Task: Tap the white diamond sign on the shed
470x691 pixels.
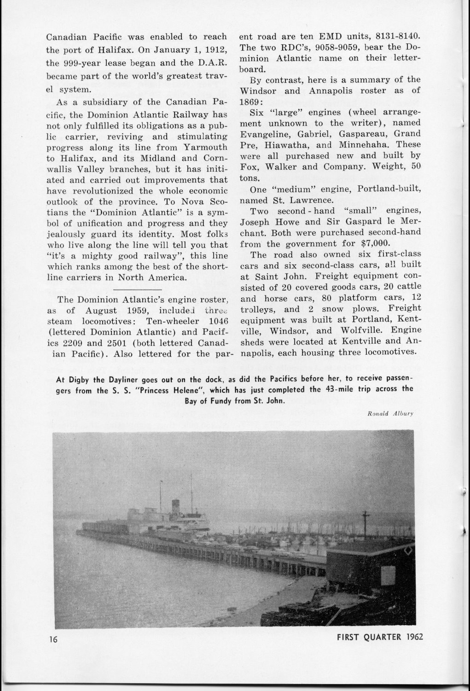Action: coord(406,550)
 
